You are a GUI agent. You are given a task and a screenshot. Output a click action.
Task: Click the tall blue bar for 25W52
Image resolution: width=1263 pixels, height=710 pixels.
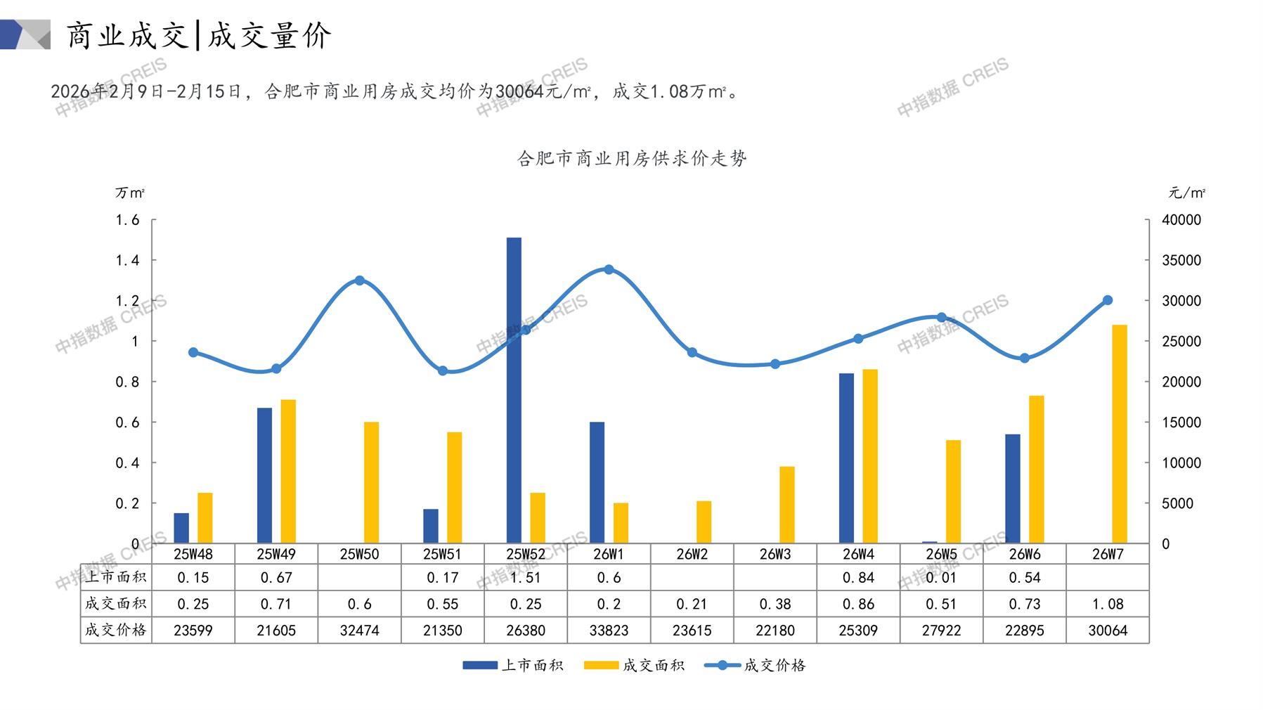tap(514, 390)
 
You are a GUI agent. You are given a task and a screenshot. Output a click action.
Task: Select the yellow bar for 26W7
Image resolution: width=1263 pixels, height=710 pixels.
tap(1120, 434)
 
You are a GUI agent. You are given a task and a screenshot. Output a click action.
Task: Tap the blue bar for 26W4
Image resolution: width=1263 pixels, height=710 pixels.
tap(846, 458)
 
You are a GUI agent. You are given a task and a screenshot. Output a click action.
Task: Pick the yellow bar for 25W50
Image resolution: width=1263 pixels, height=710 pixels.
tap(371, 482)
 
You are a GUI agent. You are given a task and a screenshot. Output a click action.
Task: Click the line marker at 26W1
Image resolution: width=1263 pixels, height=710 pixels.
tap(609, 269)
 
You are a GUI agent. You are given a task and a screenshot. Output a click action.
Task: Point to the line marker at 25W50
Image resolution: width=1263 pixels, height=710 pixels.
tap(360, 280)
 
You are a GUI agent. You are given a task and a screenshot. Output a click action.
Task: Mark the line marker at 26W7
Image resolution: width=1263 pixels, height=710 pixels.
tap(1108, 300)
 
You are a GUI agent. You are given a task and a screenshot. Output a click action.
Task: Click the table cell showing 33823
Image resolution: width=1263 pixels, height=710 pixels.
tap(609, 631)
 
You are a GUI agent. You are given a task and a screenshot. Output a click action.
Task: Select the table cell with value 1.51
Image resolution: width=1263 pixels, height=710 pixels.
tap(526, 578)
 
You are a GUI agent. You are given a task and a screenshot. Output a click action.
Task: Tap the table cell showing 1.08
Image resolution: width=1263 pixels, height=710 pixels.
tap(1108, 604)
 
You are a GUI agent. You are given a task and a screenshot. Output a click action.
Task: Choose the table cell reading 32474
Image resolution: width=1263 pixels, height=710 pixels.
tap(359, 631)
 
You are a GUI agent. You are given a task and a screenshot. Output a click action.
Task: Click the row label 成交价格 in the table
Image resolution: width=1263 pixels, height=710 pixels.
tap(116, 630)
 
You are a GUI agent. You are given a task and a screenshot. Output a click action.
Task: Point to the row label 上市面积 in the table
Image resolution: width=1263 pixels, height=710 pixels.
tap(116, 577)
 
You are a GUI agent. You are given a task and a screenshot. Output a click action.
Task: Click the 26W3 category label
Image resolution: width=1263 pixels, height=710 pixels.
tap(775, 554)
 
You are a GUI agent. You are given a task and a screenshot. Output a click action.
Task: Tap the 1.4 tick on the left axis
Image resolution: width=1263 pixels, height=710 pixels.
tap(127, 260)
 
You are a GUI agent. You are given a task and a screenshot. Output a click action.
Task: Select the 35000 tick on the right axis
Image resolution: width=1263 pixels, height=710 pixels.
tap(1181, 260)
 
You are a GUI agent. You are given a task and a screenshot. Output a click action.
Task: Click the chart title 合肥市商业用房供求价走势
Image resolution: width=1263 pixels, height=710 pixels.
tap(632, 159)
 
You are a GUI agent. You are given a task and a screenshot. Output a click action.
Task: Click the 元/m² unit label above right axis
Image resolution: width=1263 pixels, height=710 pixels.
tap(1186, 193)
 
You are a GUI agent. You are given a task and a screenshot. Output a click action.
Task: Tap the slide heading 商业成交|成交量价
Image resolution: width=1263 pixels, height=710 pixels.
tap(198, 35)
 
